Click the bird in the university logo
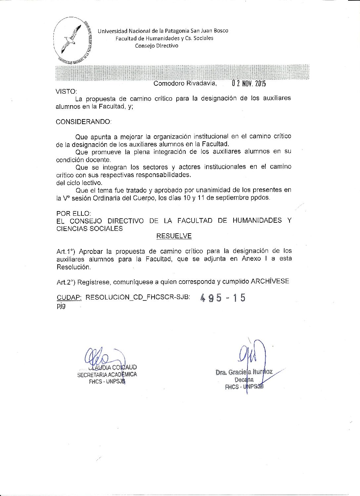pyautogui.click(x=71, y=39)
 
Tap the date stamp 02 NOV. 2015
pyautogui.click(x=249, y=83)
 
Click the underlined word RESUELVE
pyautogui.click(x=174, y=236)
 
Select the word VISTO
pyautogui.click(x=66, y=91)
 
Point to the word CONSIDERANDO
pyautogui.click(x=83, y=122)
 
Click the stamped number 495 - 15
pyautogui.click(x=223, y=298)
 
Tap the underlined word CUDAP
pyautogui.click(x=69, y=297)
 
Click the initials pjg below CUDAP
pyautogui.click(x=61, y=305)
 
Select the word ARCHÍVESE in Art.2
pyautogui.click(x=270, y=281)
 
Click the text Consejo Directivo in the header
pyautogui.click(x=157, y=46)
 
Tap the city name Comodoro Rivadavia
pyautogui.click(x=185, y=83)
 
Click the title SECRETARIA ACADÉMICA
pyautogui.click(x=107, y=375)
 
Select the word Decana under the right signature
pyautogui.click(x=244, y=380)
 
